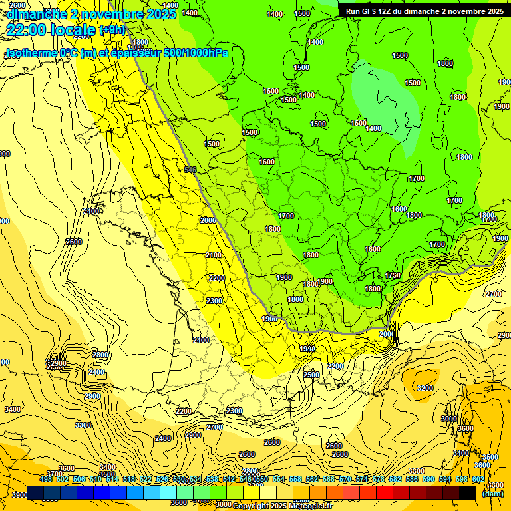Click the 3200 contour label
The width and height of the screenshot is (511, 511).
(x=425, y=388)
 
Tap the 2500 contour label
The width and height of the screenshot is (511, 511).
(x=311, y=375)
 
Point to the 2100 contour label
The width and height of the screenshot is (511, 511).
(x=214, y=255)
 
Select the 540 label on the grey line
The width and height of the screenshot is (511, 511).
(x=190, y=170)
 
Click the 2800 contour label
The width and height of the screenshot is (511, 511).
(x=100, y=355)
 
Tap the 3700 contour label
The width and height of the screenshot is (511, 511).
(x=54, y=474)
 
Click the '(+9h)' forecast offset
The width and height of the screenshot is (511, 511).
(x=112, y=30)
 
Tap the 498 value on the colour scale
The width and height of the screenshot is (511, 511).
(x=46, y=479)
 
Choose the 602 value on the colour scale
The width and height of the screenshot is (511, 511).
(x=478, y=479)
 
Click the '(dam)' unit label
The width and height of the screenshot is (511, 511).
(x=492, y=494)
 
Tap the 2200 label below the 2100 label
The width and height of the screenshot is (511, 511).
(x=216, y=278)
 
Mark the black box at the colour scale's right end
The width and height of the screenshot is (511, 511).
(x=468, y=492)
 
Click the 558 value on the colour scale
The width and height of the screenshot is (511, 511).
(x=295, y=479)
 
